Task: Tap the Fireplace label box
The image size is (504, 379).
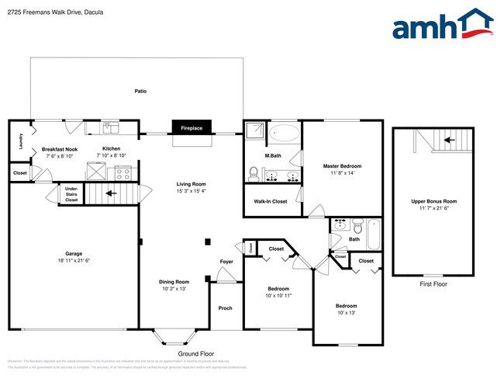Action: tap(192, 128)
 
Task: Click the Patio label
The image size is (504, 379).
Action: tap(140, 91)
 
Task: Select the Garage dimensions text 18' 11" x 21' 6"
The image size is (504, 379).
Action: tap(74, 259)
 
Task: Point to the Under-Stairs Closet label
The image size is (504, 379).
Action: tap(71, 194)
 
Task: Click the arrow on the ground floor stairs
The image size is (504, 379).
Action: tap(111, 193)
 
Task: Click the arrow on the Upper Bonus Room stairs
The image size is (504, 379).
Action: tap(447, 141)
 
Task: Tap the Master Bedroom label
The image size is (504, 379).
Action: tap(342, 166)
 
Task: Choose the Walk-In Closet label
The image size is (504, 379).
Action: tap(271, 201)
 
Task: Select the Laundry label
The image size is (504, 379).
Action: tap(19, 141)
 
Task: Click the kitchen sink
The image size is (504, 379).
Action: tap(110, 126)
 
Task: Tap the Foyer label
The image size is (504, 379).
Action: tap(226, 262)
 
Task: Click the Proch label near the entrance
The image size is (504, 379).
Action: tap(225, 308)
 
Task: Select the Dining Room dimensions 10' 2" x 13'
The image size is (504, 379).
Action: tap(175, 288)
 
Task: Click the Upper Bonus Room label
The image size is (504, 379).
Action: tap(433, 201)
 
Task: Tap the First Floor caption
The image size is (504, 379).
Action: tap(433, 283)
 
